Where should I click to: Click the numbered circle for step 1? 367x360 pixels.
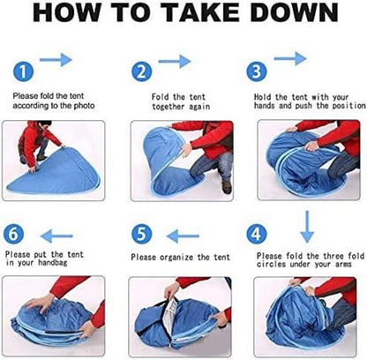pyautogui.click(x=24, y=71)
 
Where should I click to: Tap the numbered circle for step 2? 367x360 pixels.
pyautogui.click(x=141, y=71)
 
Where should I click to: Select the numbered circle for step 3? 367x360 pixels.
pyautogui.click(x=257, y=71)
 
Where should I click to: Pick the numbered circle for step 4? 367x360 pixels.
pyautogui.click(x=257, y=235)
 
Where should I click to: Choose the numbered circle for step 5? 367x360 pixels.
pyautogui.click(x=142, y=235)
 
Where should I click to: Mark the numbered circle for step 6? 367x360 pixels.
pyautogui.click(x=14, y=235)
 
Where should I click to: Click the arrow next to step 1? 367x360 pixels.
pyautogui.click(x=56, y=60)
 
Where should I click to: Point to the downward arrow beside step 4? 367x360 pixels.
pyautogui.click(x=307, y=227)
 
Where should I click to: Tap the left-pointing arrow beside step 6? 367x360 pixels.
pyautogui.click(x=56, y=236)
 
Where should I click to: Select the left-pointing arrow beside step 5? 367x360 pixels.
pyautogui.click(x=183, y=236)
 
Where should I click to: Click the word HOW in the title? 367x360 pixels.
pyautogui.click(x=67, y=12)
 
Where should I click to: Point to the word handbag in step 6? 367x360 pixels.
pyautogui.click(x=53, y=263)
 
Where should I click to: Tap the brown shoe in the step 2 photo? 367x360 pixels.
pyautogui.click(x=227, y=187)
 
